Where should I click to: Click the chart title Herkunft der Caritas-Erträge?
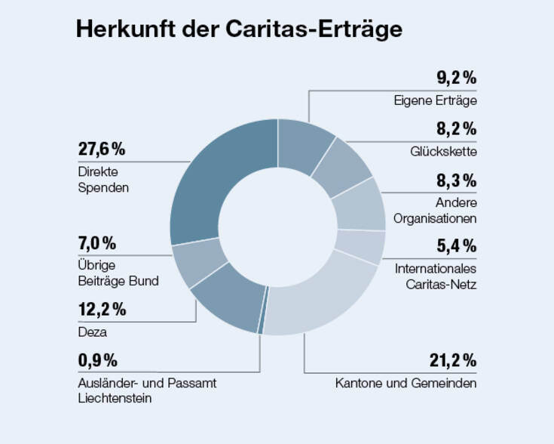239,29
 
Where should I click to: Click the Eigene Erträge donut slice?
305,140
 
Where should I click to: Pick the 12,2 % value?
102,310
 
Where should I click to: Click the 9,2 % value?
456,77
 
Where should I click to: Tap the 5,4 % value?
455,245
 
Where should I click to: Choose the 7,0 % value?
97,243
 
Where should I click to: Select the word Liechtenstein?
115,398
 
